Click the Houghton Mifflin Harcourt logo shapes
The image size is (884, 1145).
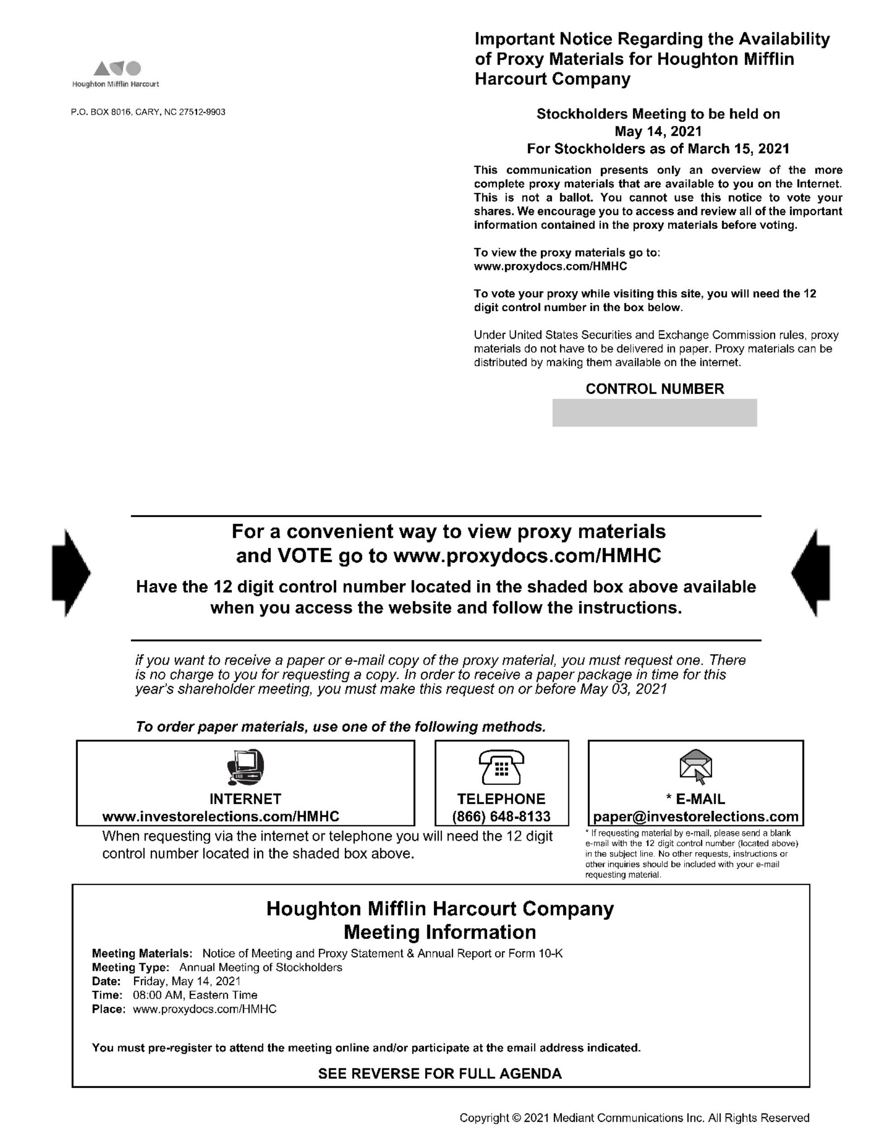(x=117, y=68)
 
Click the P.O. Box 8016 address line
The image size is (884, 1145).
(x=148, y=112)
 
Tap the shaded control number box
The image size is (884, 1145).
(x=654, y=413)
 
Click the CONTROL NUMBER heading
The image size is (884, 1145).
(x=655, y=389)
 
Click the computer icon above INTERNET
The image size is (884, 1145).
(x=245, y=767)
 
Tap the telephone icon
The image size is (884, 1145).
(x=501, y=766)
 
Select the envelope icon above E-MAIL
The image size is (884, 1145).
(x=695, y=766)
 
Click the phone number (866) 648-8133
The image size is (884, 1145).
(x=501, y=816)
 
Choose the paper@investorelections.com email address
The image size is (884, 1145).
(x=695, y=816)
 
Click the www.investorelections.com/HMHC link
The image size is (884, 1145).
(x=221, y=816)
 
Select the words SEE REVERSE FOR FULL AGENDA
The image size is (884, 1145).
(x=440, y=1073)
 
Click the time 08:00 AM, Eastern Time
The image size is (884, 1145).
(x=195, y=995)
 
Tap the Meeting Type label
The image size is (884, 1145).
(x=130, y=967)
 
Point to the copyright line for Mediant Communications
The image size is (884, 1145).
(x=634, y=1118)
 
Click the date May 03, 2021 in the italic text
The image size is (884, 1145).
(x=623, y=689)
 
